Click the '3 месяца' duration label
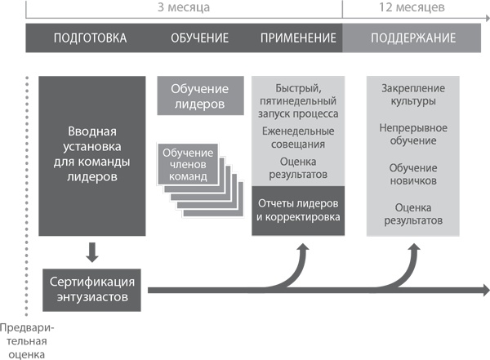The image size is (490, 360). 184,7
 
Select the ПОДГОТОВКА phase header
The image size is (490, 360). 90,38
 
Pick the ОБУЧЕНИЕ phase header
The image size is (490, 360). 199,38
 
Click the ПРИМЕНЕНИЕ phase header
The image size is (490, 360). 298,38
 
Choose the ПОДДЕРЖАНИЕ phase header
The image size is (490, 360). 413,38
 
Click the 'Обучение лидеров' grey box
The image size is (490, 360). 199,96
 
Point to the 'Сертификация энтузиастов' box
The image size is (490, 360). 91,288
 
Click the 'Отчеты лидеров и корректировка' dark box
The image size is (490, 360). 298,211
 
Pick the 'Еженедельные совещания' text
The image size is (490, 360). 298,137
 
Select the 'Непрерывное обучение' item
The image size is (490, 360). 413,135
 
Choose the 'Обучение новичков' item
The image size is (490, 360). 413,173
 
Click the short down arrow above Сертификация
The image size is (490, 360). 91,249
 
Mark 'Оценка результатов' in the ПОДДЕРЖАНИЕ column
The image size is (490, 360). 413,214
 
